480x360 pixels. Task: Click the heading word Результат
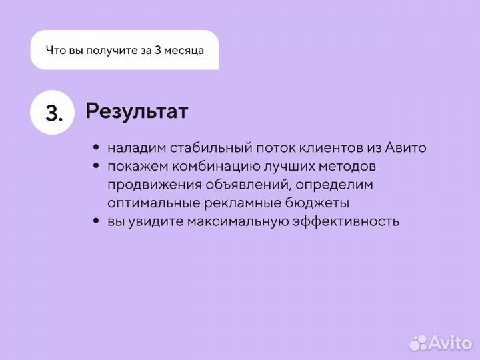coord(137,111)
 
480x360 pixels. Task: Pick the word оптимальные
coord(151,203)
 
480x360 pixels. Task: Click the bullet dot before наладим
coord(97,148)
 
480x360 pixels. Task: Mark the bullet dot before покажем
coord(97,166)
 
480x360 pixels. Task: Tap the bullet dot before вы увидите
coord(97,221)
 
